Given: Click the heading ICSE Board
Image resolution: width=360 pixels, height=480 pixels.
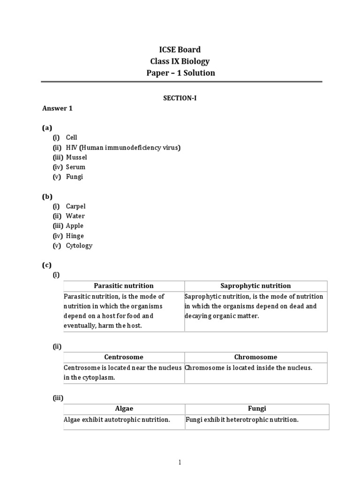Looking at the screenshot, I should [180, 50].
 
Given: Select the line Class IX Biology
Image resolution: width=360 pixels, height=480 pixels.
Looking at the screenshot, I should [180, 61].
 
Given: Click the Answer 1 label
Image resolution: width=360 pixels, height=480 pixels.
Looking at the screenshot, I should [58, 108].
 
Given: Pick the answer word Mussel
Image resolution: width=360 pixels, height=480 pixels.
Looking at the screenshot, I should [76, 157].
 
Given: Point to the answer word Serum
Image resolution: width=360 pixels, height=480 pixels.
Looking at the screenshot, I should [75, 167].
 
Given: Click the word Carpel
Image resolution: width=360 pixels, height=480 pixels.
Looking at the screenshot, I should [75, 206].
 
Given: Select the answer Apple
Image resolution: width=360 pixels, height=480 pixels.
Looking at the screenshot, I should [75, 226].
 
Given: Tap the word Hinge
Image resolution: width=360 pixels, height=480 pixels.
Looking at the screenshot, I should [75, 236].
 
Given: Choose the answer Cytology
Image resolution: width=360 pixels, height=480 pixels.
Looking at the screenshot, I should [79, 246].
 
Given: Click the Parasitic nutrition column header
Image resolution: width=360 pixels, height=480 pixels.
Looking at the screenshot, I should [124, 286].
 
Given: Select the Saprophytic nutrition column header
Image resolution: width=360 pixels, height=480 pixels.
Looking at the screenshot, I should [255, 286].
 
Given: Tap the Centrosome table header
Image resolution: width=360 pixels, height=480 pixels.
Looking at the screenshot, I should [124, 357].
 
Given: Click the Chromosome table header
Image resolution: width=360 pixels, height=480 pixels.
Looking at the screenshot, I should [255, 357].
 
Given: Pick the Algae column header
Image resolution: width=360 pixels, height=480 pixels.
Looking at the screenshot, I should [124, 409].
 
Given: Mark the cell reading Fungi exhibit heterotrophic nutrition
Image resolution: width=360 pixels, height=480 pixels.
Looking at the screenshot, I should [242, 420].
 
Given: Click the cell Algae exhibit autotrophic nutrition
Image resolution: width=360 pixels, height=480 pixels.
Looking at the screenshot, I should [117, 420].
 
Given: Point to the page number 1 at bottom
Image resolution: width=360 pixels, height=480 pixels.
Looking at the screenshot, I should [180, 463].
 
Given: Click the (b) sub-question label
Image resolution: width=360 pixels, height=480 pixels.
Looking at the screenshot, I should [47, 196].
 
